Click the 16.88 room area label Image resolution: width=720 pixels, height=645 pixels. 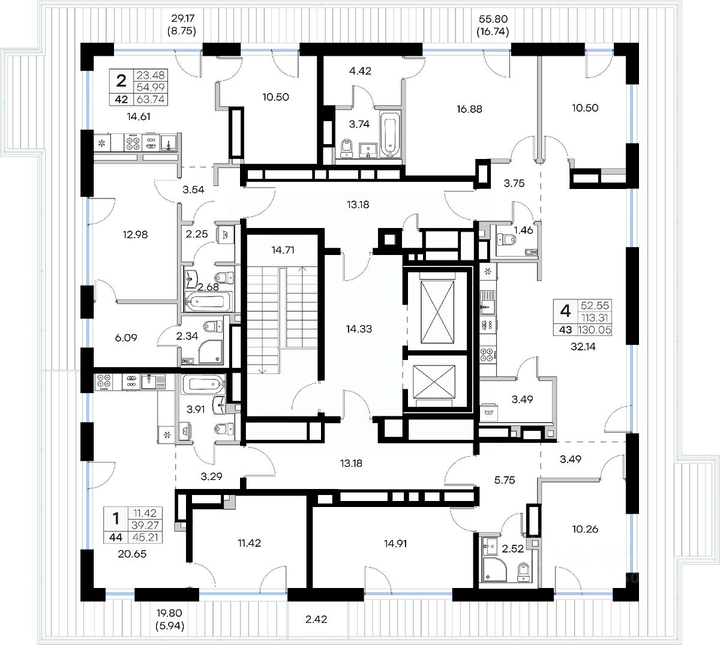(x=469, y=109)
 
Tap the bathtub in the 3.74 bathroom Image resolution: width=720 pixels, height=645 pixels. (x=390, y=134)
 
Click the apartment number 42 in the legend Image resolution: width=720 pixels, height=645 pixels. (x=121, y=100)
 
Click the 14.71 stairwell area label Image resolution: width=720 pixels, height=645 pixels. (x=283, y=250)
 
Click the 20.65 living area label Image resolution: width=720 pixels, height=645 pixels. (x=132, y=554)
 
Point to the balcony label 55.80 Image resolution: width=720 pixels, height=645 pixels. (x=493, y=19)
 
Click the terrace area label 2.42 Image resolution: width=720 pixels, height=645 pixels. (x=316, y=619)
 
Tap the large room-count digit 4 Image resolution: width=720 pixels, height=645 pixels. (x=565, y=311)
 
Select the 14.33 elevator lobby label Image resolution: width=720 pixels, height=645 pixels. (x=359, y=329)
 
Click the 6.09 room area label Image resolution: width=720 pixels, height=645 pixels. (x=126, y=337)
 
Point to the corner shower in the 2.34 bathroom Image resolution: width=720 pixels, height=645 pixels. (x=211, y=352)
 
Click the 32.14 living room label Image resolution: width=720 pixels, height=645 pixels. (x=583, y=346)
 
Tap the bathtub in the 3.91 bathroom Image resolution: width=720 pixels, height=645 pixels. (x=203, y=385)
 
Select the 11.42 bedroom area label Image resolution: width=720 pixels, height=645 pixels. (x=249, y=542)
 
